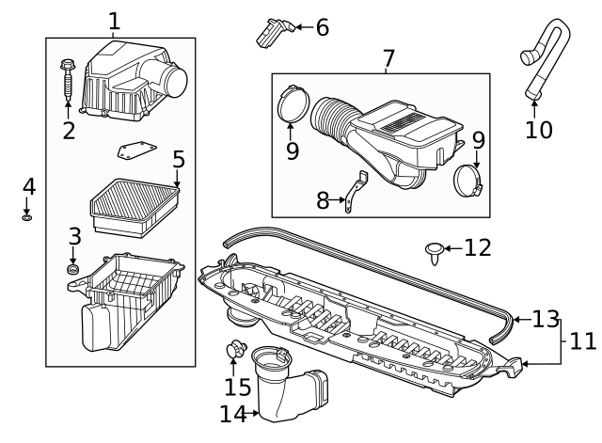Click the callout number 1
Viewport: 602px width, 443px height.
click(x=114, y=20)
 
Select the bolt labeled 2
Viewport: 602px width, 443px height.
click(x=68, y=79)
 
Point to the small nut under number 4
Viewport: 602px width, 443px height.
click(x=28, y=217)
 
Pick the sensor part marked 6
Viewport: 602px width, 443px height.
click(x=270, y=32)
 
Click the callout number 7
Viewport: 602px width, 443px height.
click(x=388, y=58)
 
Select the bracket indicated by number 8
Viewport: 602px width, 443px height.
click(x=354, y=192)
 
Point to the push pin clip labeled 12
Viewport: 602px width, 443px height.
click(x=434, y=250)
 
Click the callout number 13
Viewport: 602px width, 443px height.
click(x=546, y=319)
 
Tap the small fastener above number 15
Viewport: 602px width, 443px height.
click(x=231, y=350)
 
